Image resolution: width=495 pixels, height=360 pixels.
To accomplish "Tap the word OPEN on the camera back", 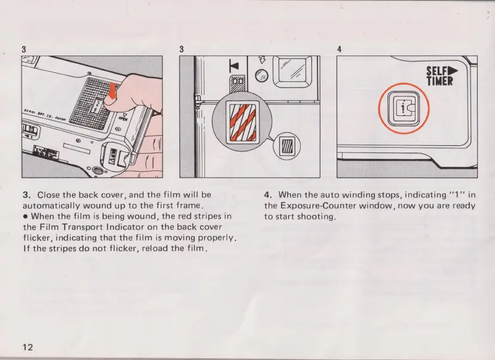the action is pyautogui.click(x=123, y=118).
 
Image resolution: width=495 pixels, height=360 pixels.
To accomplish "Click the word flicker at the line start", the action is pyautogui.click(x=36, y=238).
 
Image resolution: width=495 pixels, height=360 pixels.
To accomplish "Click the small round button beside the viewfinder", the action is pyautogui.click(x=260, y=75).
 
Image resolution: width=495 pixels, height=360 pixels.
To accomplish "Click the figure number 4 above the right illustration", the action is pyautogui.click(x=338, y=49).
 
